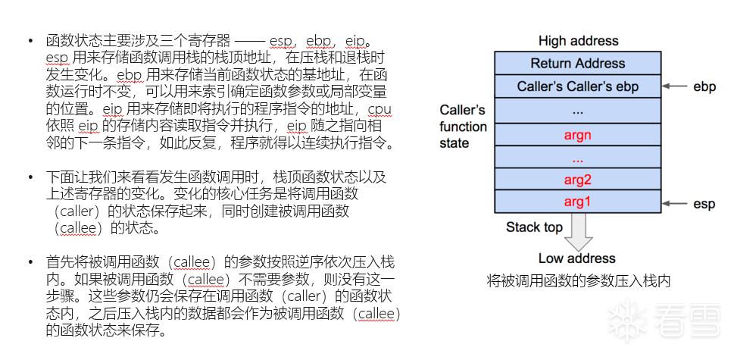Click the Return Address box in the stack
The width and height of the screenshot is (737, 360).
point(577,63)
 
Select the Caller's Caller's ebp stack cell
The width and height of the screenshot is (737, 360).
point(577,86)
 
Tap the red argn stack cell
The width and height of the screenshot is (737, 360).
point(577,135)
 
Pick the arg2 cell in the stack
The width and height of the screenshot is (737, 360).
point(577,180)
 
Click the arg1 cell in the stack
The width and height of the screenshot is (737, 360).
point(577,202)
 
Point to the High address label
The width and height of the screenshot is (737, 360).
point(578,41)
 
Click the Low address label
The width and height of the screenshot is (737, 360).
point(577,258)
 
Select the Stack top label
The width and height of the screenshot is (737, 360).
point(534,227)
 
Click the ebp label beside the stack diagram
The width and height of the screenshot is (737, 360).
point(704,86)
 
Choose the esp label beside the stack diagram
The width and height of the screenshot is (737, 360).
point(704,203)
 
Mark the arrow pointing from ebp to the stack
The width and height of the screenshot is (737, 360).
point(676,86)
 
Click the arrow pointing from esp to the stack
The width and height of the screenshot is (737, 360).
point(676,203)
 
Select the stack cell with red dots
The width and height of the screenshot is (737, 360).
point(577,158)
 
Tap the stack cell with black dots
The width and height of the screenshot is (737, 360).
point(577,111)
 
